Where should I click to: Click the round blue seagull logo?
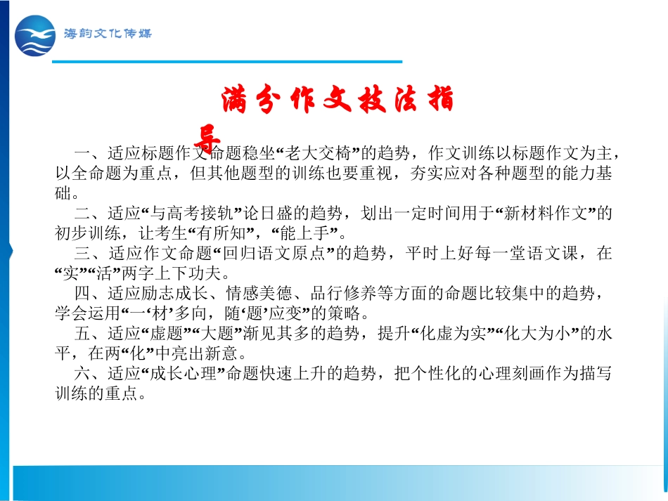point(34,35)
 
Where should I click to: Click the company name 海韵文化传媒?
point(107,34)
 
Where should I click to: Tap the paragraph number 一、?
point(89,153)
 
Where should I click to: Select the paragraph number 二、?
point(89,213)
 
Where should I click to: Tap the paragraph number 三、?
point(89,253)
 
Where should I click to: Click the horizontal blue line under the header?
point(228,63)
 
